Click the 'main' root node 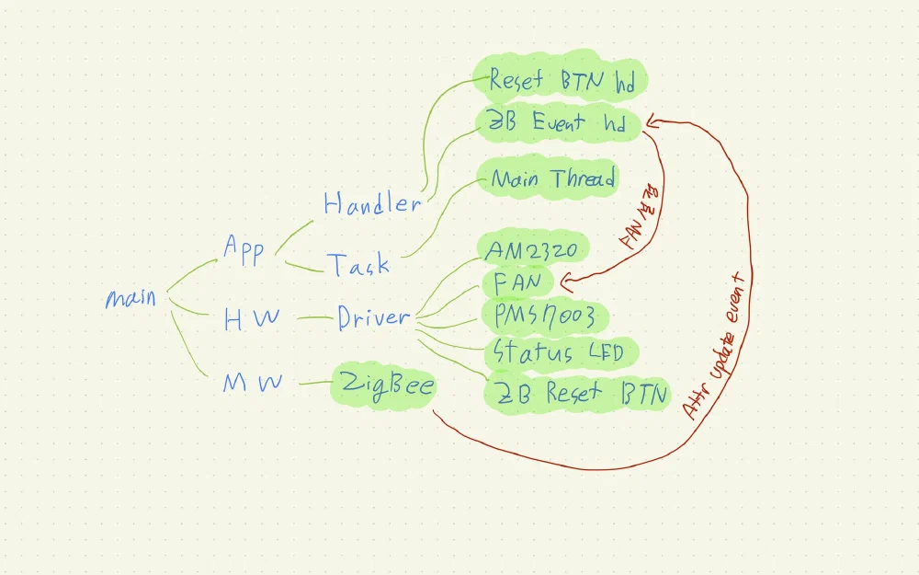coord(130,299)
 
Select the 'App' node coord(244,249)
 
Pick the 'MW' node coord(252,384)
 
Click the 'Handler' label coord(371,203)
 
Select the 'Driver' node coord(372,318)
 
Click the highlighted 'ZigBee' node coord(385,385)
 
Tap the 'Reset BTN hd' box coord(561,80)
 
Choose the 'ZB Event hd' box coord(556,123)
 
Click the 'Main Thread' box coord(552,178)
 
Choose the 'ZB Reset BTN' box coord(577,393)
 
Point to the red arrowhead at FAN coord(566,282)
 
